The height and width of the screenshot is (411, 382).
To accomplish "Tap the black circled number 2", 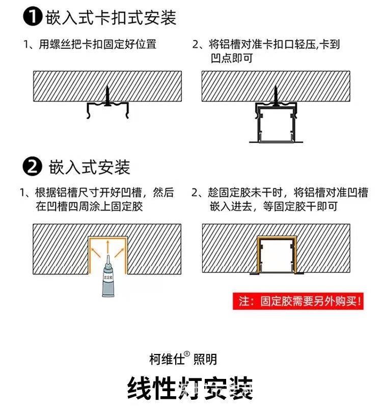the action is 32,166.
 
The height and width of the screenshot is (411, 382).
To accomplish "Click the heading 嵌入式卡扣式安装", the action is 111,18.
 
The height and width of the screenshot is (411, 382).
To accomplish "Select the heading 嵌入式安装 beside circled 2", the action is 90,167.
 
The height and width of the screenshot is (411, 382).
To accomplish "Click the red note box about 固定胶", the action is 298,301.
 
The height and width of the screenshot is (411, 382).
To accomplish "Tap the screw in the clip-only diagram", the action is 107,96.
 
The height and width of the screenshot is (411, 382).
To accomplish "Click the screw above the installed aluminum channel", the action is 276,96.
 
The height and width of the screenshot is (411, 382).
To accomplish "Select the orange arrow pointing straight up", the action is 107,246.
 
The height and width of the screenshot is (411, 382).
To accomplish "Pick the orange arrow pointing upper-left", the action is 96,252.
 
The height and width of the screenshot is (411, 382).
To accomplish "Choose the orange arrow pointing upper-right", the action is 119,252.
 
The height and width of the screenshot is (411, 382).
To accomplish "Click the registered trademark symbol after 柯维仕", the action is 187,354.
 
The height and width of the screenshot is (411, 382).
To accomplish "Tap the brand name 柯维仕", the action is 167,359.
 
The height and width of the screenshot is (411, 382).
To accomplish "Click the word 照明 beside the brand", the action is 205,359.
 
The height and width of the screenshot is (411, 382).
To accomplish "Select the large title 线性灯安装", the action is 190,388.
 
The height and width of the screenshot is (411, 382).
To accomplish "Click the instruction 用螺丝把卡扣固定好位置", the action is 97,44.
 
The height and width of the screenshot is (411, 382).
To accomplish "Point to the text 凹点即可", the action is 232,58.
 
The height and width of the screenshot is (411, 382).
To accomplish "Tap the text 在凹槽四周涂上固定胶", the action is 89,206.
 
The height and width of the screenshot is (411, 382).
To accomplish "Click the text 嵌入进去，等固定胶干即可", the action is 274,206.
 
